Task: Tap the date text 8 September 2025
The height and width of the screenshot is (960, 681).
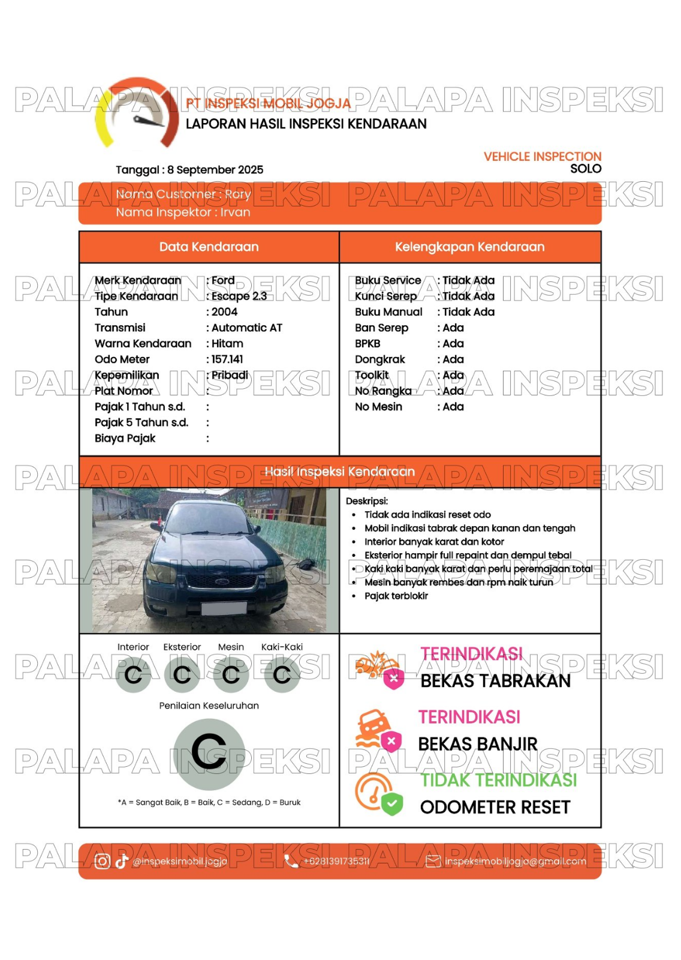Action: point(215,170)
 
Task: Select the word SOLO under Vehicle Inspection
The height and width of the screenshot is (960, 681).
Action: point(586,169)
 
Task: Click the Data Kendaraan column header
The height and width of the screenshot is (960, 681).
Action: point(209,247)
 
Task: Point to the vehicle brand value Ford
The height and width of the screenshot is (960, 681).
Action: point(223,280)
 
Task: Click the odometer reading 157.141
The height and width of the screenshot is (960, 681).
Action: point(227,359)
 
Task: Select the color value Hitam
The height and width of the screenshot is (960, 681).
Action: point(227,344)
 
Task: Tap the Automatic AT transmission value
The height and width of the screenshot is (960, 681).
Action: point(246,328)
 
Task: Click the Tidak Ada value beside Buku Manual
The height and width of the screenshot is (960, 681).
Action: point(468,312)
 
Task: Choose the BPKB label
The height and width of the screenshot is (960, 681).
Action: point(367,344)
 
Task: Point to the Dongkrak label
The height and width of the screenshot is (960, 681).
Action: point(380,359)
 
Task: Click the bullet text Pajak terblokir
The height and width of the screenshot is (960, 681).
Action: point(396,596)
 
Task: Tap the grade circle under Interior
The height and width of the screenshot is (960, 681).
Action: point(133,675)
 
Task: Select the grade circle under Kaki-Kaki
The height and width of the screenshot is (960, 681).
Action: point(282,675)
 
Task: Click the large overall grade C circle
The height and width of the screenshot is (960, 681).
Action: point(209,754)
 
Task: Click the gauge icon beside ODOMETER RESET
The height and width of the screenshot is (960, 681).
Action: point(378,793)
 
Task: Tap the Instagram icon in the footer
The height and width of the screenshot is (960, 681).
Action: point(103,862)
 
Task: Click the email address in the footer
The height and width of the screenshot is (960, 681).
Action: point(515,862)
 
